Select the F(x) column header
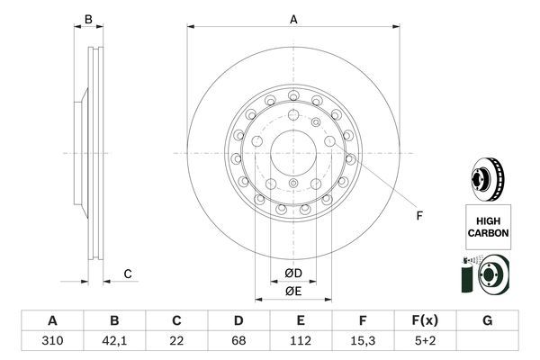tap(425, 321)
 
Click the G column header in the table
tap(487, 321)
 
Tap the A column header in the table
tap(52, 321)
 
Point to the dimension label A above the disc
tap(292, 19)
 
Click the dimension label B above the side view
tap(88, 19)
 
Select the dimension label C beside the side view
tap(128, 274)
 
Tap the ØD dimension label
tap(292, 273)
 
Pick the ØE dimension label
tap(292, 291)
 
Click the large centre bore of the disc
tap(292, 154)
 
